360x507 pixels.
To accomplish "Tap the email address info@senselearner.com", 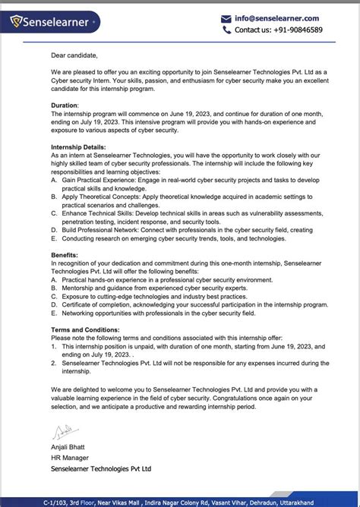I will click(276, 18).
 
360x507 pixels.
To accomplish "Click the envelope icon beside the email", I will click(226, 18).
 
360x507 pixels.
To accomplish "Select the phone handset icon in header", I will click(226, 30).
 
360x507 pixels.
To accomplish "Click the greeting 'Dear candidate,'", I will click(74, 55).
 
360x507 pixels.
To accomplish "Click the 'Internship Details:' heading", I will click(78, 146).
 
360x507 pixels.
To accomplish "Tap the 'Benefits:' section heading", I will click(65, 256).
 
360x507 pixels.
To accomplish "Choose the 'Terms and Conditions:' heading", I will click(85, 330).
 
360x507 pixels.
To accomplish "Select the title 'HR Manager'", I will click(70, 458).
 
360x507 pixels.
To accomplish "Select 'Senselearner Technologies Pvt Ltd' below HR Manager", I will click(101, 469).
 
